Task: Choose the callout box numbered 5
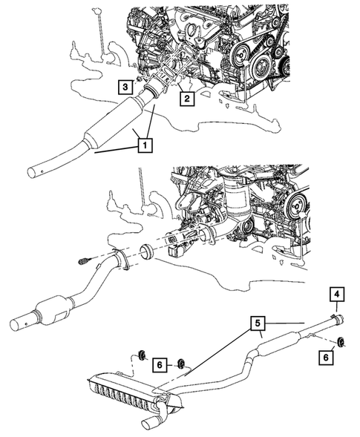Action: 256,323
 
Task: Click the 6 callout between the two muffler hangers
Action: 160,364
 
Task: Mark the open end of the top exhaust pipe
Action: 32,174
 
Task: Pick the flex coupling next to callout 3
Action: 154,92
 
